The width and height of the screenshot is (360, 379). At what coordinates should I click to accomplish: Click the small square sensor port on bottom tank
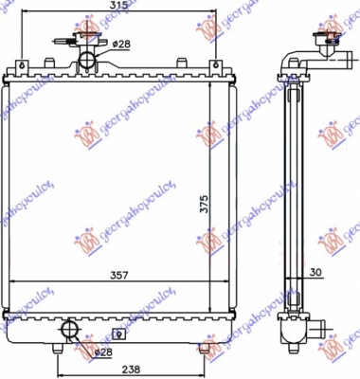tap(117, 333)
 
